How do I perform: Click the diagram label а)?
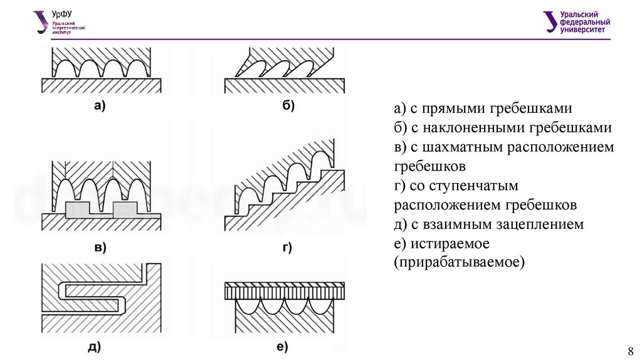[x=100, y=107]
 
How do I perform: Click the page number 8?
[x=631, y=350]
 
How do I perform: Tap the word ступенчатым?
[x=485, y=186]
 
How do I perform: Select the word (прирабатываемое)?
[x=458, y=262]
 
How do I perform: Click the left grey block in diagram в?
[x=76, y=208]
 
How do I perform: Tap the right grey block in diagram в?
[x=125, y=208]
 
